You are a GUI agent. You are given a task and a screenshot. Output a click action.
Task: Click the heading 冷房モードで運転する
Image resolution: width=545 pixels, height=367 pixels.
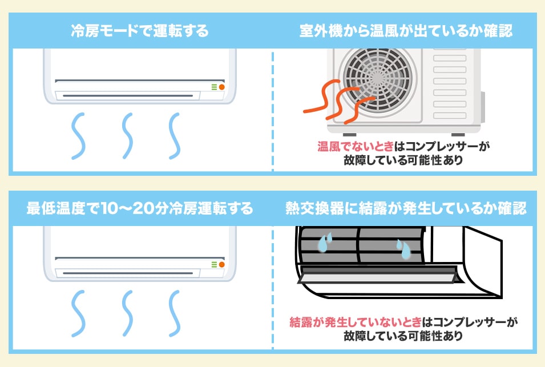(x=139, y=31)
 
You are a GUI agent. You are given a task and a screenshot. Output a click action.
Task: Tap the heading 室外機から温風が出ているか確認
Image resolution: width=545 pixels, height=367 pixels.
(x=406, y=31)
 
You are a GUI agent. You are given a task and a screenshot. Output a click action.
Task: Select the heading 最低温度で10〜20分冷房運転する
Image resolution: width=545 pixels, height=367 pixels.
(x=139, y=208)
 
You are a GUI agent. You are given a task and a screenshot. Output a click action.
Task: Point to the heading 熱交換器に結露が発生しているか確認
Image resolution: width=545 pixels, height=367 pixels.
(x=406, y=208)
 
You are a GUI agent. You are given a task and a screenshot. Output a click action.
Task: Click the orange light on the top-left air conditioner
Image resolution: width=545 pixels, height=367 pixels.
(x=221, y=87)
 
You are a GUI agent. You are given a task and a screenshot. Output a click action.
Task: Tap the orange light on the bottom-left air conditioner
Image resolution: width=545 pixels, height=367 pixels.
(x=221, y=265)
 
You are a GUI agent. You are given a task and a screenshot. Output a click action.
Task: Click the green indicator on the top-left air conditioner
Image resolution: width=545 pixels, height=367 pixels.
(x=214, y=87)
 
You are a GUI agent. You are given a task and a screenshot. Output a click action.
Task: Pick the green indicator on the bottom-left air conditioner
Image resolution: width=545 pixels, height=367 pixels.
(x=214, y=265)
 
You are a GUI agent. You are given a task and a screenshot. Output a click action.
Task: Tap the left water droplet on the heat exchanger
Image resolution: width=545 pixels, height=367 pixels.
(x=324, y=243)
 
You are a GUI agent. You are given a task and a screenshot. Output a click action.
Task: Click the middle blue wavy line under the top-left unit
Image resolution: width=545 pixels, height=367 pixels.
(x=127, y=136)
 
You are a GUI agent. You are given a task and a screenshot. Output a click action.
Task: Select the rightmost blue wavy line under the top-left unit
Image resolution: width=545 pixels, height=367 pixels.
(x=175, y=136)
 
